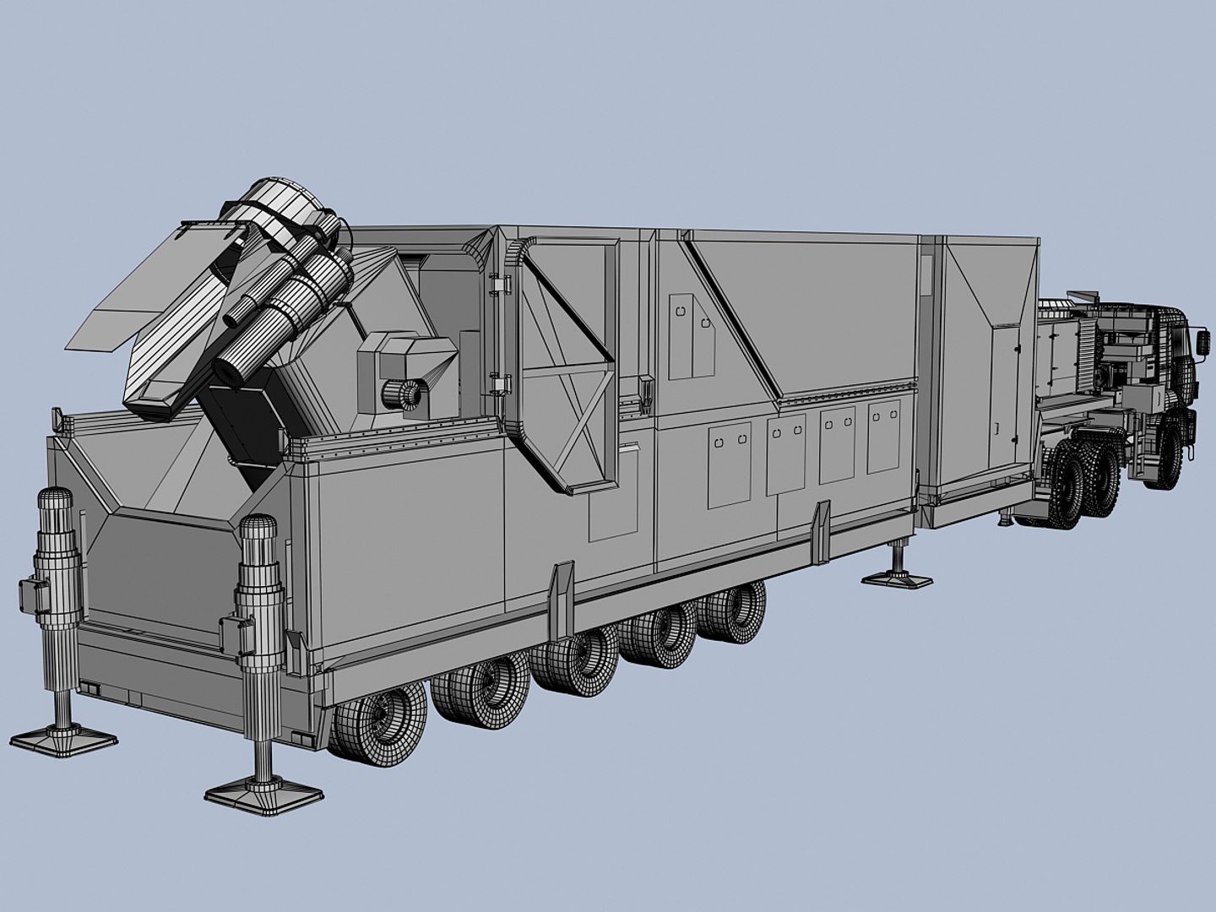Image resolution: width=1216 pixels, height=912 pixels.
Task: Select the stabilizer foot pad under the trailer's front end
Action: tap(897, 579)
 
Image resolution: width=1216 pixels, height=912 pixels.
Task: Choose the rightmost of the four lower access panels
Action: tap(884, 436)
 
